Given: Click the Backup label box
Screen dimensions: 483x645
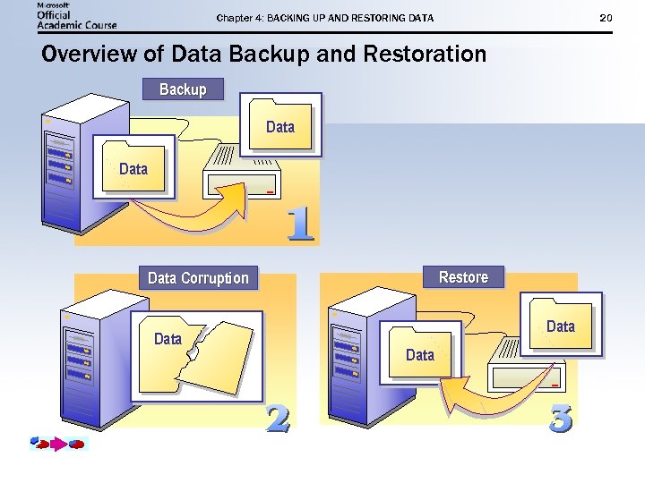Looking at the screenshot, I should (x=183, y=89).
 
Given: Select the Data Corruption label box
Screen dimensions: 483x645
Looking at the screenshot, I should (x=198, y=278).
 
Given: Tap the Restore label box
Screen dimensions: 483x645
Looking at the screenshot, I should (x=463, y=277).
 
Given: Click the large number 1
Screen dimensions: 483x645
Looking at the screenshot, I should (x=300, y=225).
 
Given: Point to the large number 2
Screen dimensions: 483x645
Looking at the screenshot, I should (x=278, y=418).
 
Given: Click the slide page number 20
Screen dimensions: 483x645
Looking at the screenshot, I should (x=606, y=18).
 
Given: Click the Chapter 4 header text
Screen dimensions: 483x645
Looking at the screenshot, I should (x=324, y=18).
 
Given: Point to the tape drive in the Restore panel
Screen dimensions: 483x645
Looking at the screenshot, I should (x=529, y=367).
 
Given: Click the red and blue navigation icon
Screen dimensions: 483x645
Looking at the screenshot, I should (x=57, y=443).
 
